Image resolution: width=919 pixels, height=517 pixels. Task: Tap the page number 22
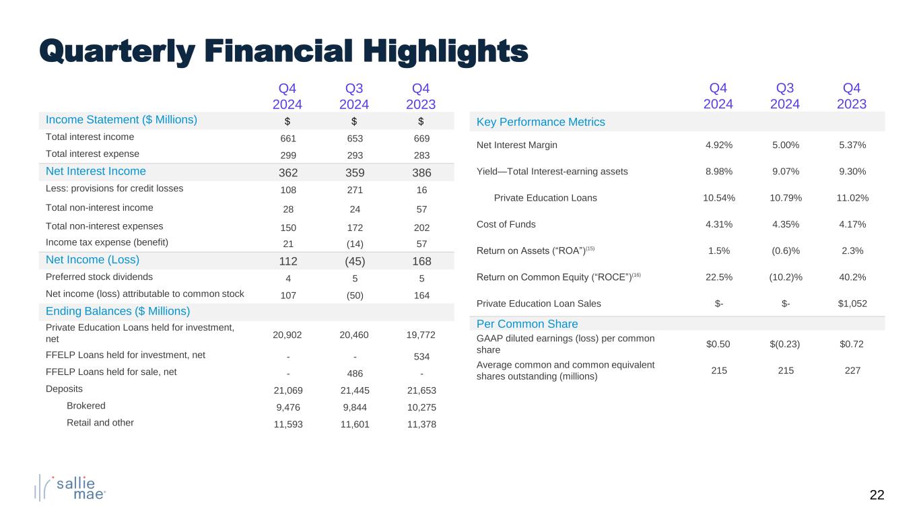pos(877,495)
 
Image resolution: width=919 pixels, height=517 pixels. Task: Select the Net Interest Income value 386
pos(421,172)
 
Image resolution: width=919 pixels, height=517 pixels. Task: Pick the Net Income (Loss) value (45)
pos(354,261)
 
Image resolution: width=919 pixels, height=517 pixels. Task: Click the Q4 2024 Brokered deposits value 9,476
pos(287,406)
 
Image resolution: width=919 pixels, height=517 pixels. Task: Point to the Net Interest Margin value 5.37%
pos(852,145)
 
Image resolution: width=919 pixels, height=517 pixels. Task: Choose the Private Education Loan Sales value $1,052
pos(852,303)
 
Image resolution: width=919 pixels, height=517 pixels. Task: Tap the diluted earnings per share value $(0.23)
pos(785,345)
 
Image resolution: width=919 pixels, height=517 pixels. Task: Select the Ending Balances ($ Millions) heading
pos(118,311)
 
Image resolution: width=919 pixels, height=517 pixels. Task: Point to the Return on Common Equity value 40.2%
pos(852,277)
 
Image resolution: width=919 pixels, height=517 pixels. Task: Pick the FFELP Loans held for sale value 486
pos(354,372)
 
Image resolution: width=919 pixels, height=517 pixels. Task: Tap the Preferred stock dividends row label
pos(99,276)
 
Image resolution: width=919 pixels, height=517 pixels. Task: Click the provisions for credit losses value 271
pos(354,189)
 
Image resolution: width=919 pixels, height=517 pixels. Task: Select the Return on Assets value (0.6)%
pos(785,250)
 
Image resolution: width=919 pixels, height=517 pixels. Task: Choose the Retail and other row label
pos(100,423)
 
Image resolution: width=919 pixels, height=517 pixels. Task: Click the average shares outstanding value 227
pos(852,370)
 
